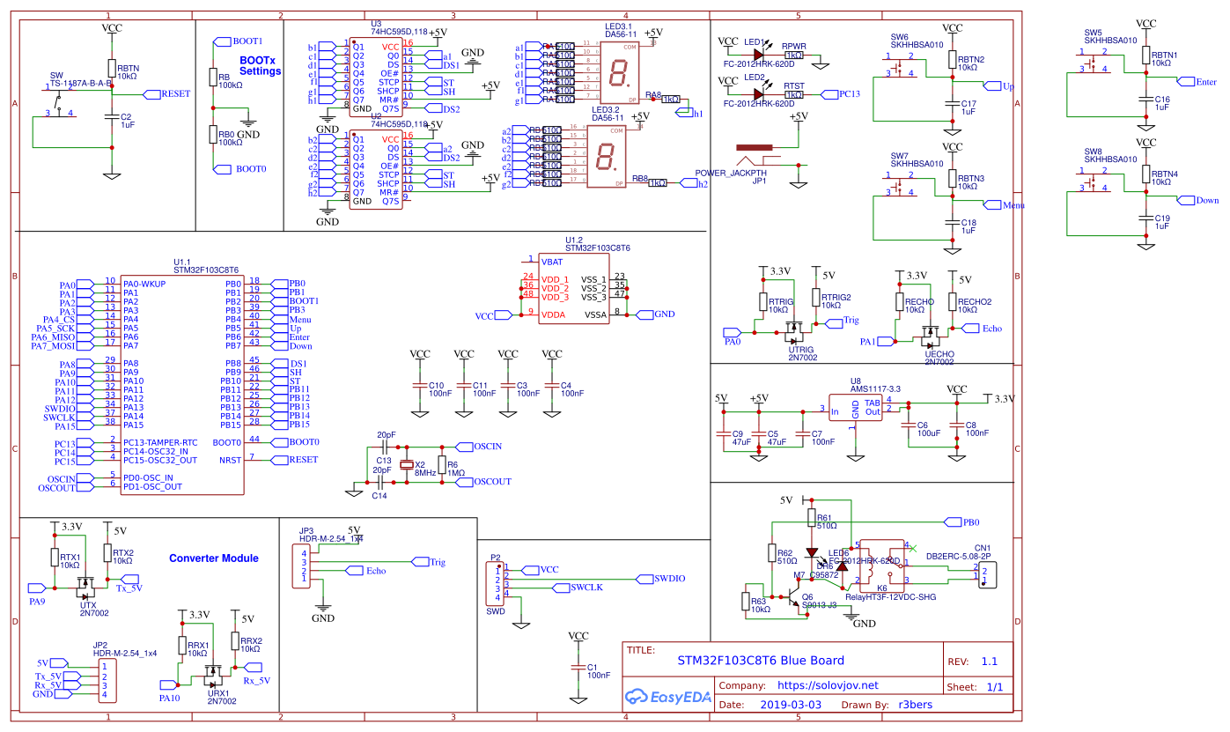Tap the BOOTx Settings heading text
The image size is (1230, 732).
pos(260,65)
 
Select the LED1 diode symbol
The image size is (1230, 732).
pos(756,55)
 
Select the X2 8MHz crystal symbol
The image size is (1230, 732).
pos(406,466)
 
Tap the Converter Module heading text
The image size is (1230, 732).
pos(213,558)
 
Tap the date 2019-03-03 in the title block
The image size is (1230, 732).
pos(790,705)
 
